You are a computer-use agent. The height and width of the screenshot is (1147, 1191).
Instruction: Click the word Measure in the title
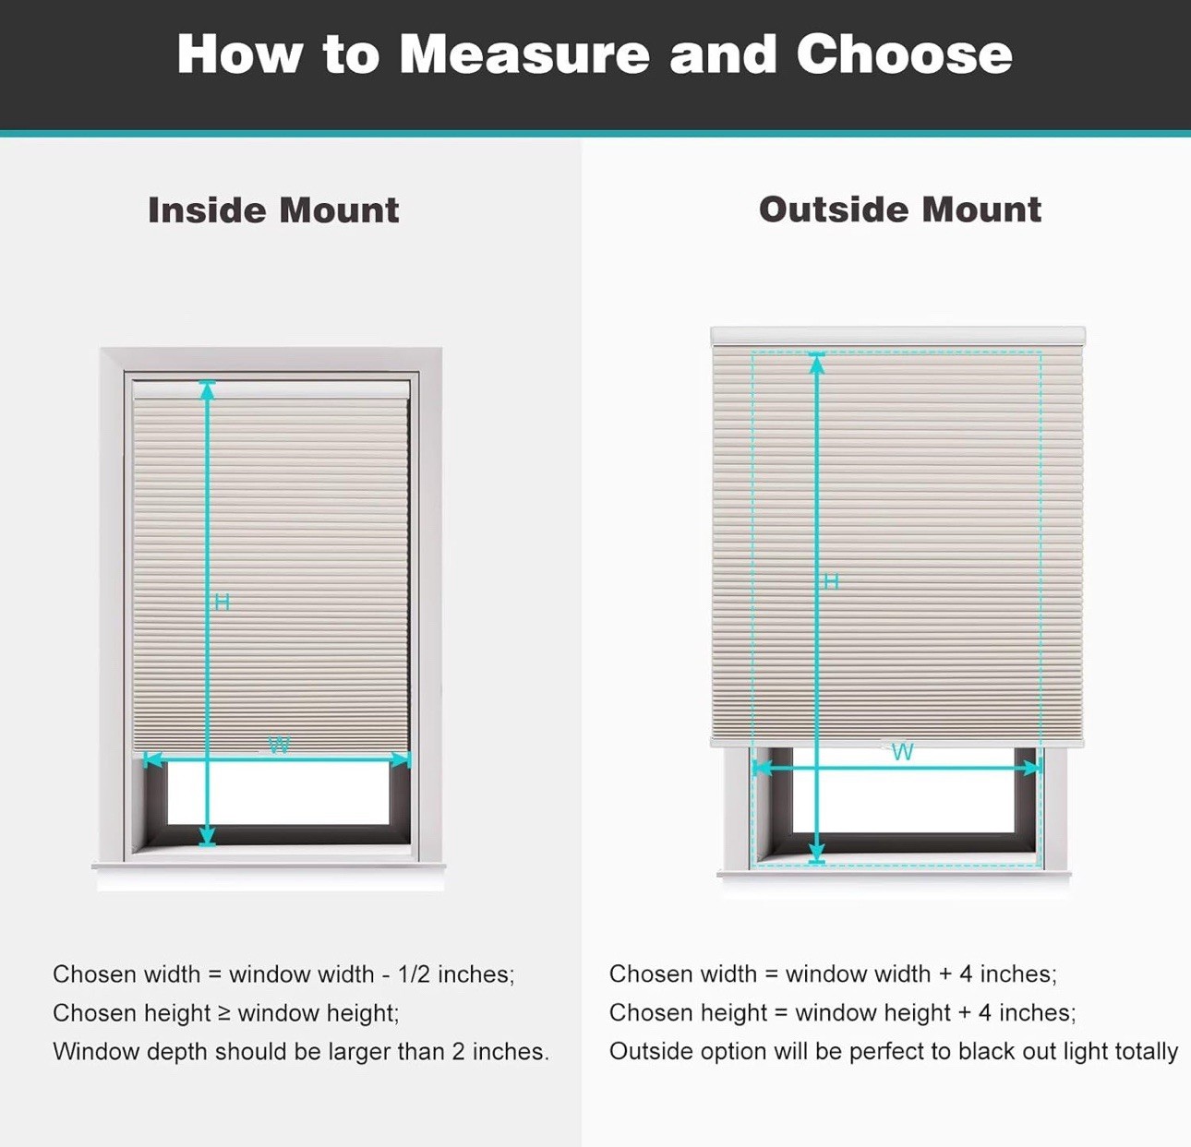pyautogui.click(x=523, y=54)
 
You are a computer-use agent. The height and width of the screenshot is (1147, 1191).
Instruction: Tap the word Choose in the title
pyautogui.click(x=904, y=54)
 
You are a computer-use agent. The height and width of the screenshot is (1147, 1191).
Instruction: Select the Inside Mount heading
pyautogui.click(x=273, y=210)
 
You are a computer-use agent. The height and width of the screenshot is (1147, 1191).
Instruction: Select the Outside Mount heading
pyautogui.click(x=899, y=209)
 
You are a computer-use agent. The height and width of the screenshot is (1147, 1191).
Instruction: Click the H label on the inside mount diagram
pyautogui.click(x=223, y=603)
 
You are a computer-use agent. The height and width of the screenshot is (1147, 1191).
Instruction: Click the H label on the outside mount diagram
pyautogui.click(x=831, y=581)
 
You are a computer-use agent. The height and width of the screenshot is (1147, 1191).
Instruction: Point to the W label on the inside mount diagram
pyautogui.click(x=279, y=745)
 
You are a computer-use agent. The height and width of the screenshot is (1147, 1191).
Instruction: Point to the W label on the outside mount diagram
pyautogui.click(x=903, y=751)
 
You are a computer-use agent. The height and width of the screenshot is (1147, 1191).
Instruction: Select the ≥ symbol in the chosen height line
pyautogui.click(x=224, y=1013)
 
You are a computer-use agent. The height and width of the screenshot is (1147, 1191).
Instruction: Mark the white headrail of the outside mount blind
pyautogui.click(x=897, y=335)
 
